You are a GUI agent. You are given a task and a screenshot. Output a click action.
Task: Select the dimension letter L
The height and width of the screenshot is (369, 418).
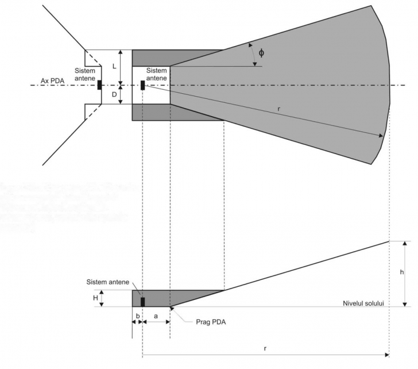[x=114, y=66]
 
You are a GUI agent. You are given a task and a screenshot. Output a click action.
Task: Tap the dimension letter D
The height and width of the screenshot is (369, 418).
[x=114, y=93]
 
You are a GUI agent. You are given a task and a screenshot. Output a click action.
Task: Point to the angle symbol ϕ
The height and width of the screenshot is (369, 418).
[x=262, y=53]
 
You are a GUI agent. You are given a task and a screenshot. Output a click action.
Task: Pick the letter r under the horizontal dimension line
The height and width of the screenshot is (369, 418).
[x=265, y=348]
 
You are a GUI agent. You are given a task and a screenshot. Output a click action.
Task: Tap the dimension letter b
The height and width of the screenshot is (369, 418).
[x=137, y=316]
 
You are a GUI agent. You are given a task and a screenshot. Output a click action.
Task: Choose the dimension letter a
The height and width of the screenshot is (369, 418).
[x=156, y=316]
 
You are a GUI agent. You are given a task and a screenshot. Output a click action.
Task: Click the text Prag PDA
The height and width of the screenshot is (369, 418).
[x=207, y=322]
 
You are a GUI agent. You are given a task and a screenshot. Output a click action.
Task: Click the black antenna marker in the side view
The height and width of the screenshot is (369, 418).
[x=143, y=301]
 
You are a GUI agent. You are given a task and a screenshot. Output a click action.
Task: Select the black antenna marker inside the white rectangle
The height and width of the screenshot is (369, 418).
[x=142, y=85]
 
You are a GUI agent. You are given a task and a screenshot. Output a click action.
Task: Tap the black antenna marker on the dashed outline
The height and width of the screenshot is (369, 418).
[x=99, y=85]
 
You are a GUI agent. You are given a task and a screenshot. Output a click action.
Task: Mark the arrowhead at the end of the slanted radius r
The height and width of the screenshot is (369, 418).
[x=381, y=136]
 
